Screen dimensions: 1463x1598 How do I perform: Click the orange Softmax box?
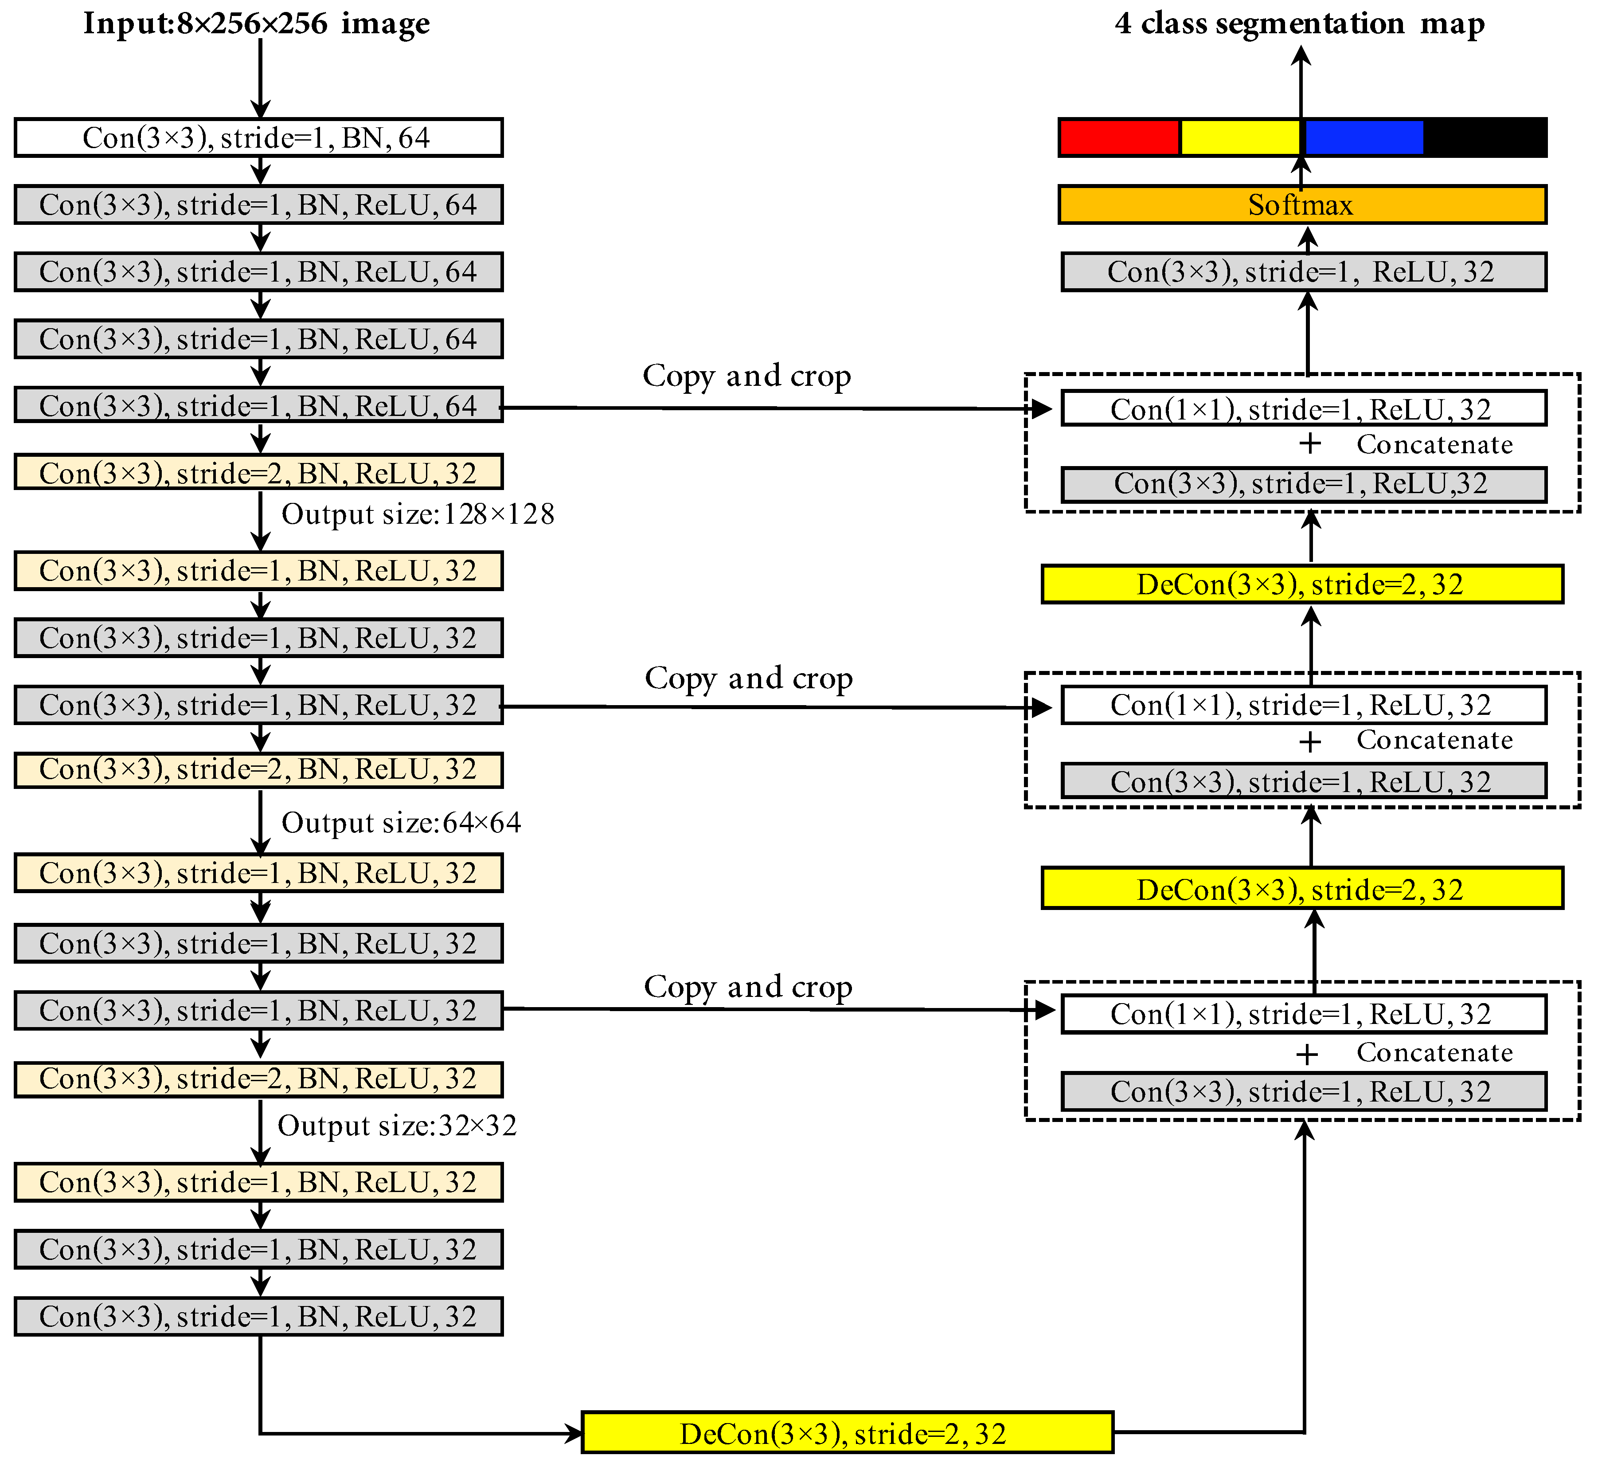(x=1301, y=204)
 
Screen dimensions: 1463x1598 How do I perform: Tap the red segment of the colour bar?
(x=1119, y=137)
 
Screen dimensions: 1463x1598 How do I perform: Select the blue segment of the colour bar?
(x=1364, y=137)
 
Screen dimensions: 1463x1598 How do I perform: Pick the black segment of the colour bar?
(x=1485, y=137)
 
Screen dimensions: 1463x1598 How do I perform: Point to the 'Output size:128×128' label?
(x=418, y=514)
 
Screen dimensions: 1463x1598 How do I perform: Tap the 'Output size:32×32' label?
(x=397, y=1125)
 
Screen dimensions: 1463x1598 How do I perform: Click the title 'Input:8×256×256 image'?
(x=257, y=24)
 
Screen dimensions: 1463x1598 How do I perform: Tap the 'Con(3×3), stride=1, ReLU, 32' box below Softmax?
(x=1303, y=272)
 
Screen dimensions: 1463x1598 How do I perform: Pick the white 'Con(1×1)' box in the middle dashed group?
(x=1303, y=705)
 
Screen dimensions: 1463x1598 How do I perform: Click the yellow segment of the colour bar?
(x=1240, y=137)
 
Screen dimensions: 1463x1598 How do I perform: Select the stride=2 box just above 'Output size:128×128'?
(x=258, y=473)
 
